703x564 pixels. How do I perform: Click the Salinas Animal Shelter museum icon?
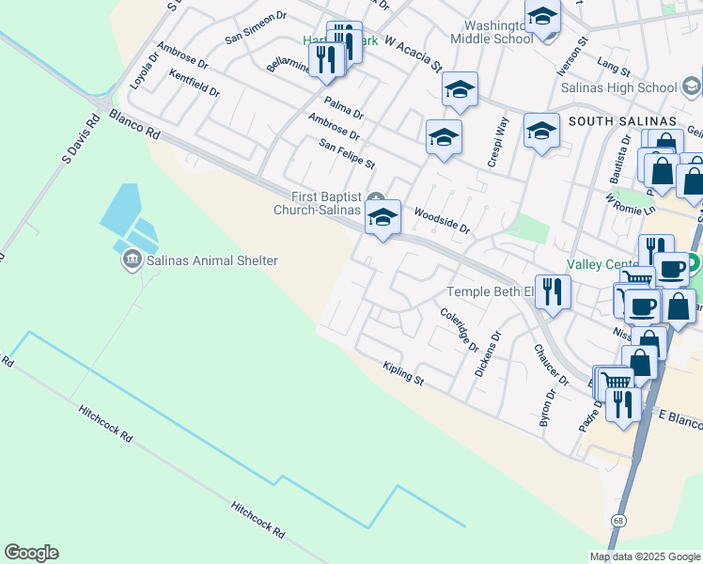[x=132, y=259]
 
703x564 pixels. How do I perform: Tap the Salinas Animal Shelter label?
[x=211, y=260]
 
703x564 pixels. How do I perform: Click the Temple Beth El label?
[x=489, y=291]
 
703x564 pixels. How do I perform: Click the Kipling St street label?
[x=404, y=374]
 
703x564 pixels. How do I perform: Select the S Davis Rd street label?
[x=80, y=140]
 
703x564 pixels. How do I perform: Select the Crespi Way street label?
[x=498, y=142]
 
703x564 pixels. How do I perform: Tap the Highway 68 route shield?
[x=617, y=520]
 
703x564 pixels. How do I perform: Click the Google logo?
[x=31, y=553]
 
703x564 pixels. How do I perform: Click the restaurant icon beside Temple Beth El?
[x=552, y=290]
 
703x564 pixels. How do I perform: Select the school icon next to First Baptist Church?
[x=383, y=218]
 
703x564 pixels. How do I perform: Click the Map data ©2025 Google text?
[x=644, y=556]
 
